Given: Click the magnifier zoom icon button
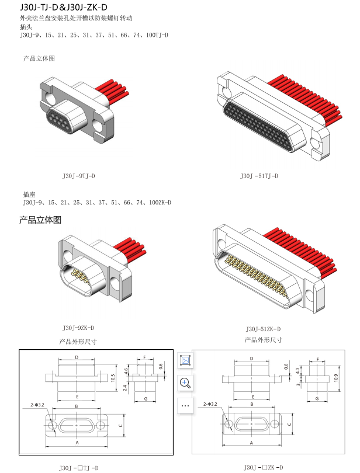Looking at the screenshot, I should click(x=185, y=383).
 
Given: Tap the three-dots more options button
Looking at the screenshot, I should click(x=185, y=405).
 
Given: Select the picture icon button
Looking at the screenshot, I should click(x=185, y=360).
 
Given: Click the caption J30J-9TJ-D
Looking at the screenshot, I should click(x=78, y=175).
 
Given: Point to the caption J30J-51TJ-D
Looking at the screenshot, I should click(x=259, y=175).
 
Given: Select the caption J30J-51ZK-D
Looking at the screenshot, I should click(x=263, y=328).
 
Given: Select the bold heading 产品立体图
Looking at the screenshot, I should click(x=40, y=220).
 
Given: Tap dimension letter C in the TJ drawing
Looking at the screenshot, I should click(x=120, y=426).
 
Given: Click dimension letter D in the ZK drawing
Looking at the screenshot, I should click(x=251, y=358).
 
